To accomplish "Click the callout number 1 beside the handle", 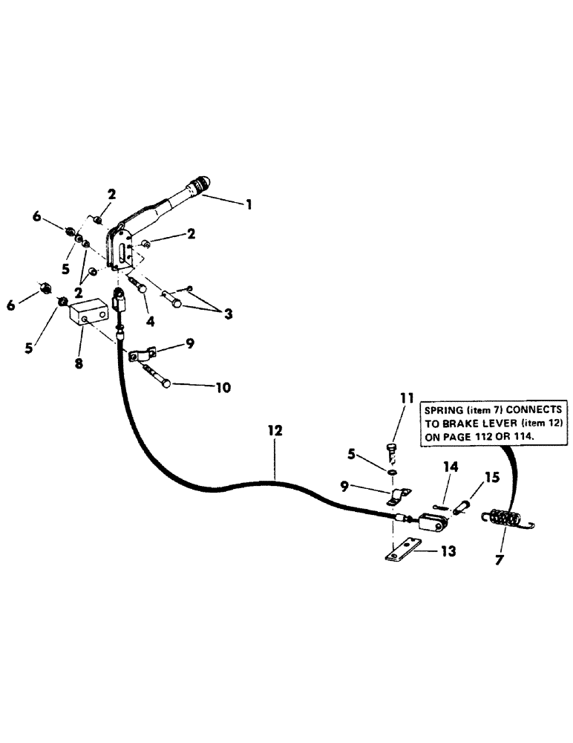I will pos(249,203).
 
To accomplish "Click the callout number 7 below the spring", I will pos(499,558).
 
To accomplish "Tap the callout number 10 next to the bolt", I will pos(223,387).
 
